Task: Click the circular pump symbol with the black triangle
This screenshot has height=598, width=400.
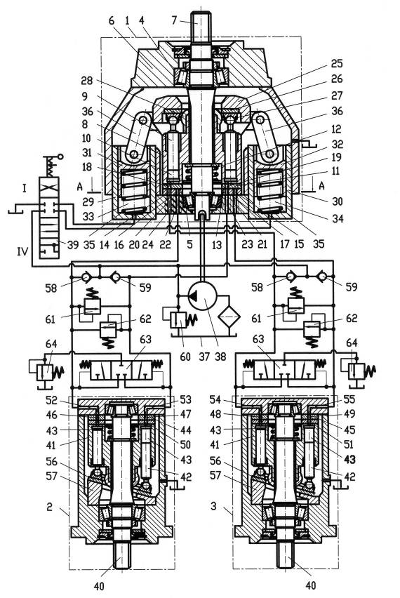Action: [x=202, y=296]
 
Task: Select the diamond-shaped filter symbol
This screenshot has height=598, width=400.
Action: [x=229, y=316]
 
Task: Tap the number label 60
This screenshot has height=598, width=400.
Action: [x=185, y=357]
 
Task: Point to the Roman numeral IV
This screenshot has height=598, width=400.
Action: [x=22, y=251]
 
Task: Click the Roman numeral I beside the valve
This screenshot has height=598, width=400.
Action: [x=25, y=188]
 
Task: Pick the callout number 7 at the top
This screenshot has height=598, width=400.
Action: [x=174, y=20]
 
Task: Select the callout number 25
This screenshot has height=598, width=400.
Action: [x=336, y=63]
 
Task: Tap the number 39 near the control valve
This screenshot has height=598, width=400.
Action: [x=72, y=244]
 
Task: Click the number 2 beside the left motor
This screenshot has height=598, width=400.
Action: [x=50, y=507]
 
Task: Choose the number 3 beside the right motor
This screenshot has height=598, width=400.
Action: [x=213, y=506]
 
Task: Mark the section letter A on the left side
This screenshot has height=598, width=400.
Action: [x=79, y=186]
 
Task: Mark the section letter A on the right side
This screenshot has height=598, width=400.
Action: [x=321, y=185]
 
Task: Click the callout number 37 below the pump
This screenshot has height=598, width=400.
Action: [x=205, y=357]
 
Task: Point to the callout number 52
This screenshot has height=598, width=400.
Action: [x=51, y=401]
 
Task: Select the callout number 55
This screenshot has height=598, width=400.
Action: [x=349, y=399]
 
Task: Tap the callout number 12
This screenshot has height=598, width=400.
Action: [x=336, y=129]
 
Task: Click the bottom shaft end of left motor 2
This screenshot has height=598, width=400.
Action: [x=121, y=556]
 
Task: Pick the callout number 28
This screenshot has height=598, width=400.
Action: [x=87, y=81]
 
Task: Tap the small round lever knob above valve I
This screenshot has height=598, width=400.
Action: [x=60, y=157]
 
